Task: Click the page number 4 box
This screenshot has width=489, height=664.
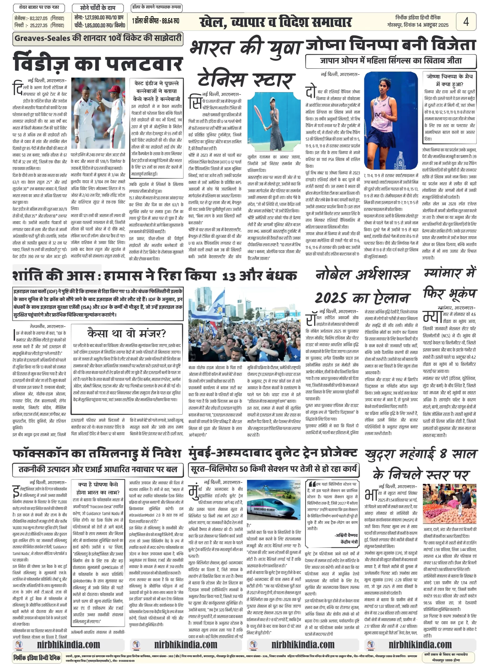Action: point(466,22)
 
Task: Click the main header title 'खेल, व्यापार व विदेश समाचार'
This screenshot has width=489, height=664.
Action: point(276,22)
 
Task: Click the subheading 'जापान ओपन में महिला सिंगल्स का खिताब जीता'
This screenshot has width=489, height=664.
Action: point(391,61)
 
